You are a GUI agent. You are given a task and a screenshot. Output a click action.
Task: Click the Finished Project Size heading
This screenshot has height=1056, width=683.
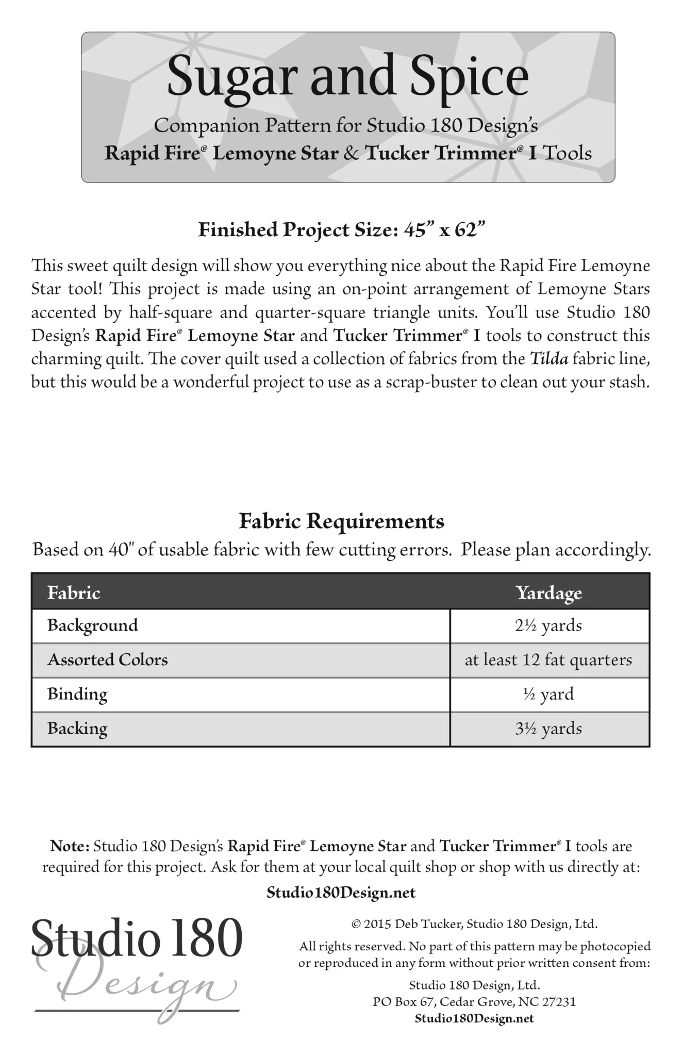(342, 229)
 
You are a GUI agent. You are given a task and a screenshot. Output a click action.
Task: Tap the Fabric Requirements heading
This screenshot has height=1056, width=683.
(341, 521)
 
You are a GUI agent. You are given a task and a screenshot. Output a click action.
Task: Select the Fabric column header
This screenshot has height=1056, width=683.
(74, 592)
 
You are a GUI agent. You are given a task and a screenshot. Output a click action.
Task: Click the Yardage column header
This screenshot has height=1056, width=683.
(549, 592)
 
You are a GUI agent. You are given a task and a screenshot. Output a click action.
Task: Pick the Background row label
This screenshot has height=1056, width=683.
(93, 625)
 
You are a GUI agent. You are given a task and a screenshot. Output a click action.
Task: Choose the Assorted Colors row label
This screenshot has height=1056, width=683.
(108, 660)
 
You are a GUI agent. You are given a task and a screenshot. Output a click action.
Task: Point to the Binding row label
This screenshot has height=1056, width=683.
(77, 694)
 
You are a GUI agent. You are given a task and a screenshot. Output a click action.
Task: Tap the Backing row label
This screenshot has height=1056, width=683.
(77, 729)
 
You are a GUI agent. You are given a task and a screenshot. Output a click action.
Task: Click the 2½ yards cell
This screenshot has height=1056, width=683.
(548, 625)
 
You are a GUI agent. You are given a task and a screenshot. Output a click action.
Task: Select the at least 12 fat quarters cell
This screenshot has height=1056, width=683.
(548, 660)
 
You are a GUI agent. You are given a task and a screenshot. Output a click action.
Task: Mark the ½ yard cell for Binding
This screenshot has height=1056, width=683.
(548, 694)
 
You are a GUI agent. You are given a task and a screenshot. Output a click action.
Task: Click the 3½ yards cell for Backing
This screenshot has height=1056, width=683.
(548, 729)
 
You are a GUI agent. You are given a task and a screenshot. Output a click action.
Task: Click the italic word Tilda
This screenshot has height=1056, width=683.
(549, 359)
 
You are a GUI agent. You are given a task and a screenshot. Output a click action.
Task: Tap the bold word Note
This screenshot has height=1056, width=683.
(70, 846)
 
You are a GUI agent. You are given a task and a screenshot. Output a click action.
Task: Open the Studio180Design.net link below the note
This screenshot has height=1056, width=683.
(341, 893)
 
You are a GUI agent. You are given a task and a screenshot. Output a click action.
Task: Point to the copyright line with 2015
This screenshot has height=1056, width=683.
(474, 923)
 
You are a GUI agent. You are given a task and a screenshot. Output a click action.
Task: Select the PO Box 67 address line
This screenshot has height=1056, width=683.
(474, 1002)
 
